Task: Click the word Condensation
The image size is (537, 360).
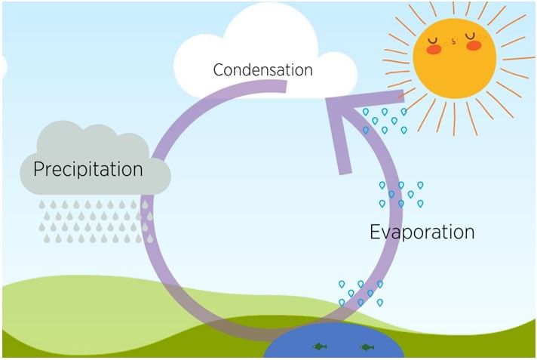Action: (262, 70)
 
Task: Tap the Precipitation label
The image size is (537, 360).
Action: (88, 169)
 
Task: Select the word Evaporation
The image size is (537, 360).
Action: (422, 232)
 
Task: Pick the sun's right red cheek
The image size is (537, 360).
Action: (474, 46)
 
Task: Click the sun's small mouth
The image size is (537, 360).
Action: (453, 45)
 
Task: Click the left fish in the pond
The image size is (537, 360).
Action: (320, 347)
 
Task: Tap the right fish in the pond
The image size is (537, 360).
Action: (367, 347)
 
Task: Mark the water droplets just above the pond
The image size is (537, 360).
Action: (361, 293)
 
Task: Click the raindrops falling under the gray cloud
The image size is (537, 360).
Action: (94, 220)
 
